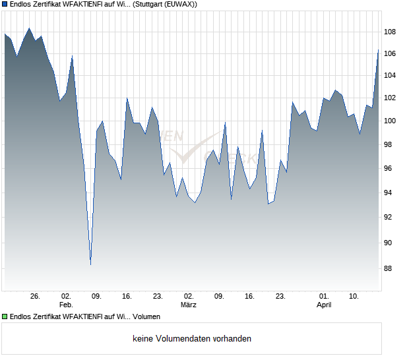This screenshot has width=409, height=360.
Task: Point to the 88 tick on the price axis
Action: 390,268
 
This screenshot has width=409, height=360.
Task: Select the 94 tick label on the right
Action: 390,193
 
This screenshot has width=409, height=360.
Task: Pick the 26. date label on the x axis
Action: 36,297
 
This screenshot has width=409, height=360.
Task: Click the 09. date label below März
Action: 219,297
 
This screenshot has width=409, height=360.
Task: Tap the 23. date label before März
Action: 158,297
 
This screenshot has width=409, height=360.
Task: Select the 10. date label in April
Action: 354,297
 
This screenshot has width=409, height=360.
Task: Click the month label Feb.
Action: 66,305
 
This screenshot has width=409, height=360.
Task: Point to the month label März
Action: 189,305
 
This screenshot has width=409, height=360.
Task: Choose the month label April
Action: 324,305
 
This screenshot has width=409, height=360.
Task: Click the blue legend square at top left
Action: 5,4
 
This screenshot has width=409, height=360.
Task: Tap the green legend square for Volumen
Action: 5,317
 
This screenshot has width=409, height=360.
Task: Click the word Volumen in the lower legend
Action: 146,317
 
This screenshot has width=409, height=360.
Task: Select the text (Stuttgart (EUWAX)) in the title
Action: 165,4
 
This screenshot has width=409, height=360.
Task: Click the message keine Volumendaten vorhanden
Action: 192,339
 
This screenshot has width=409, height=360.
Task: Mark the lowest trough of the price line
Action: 90,264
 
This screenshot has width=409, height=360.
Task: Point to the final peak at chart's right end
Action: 378,50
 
